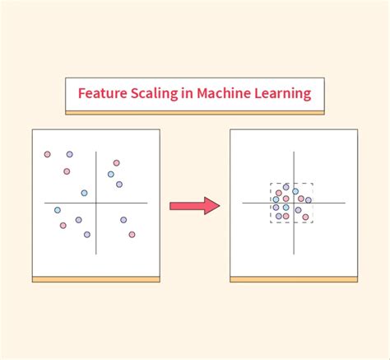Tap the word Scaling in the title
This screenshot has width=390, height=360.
(x=154, y=94)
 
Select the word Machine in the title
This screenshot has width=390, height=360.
(x=224, y=93)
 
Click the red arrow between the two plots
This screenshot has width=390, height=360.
(x=195, y=206)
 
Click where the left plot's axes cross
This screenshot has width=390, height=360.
(x=96, y=203)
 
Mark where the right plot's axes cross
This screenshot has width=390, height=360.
(x=294, y=203)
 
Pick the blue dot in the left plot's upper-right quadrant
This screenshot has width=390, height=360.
(x=111, y=174)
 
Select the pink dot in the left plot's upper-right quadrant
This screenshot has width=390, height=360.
(x=117, y=163)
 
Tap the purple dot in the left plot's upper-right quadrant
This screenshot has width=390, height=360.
(x=119, y=185)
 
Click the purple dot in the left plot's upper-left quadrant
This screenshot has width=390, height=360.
(x=70, y=154)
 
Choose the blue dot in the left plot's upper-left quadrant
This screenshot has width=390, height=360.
(x=84, y=193)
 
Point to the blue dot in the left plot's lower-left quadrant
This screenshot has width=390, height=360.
(x=58, y=210)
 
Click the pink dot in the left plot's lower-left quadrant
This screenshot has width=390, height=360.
(x=63, y=226)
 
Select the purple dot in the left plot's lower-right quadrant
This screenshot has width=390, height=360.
(x=123, y=220)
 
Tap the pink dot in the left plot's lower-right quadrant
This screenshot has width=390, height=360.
(x=132, y=235)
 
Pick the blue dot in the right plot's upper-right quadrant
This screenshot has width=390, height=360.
(x=295, y=191)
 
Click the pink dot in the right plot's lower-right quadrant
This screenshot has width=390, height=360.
(x=305, y=217)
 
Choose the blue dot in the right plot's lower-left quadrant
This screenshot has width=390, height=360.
(x=286, y=208)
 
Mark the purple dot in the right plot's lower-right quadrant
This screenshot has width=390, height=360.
(x=298, y=210)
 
